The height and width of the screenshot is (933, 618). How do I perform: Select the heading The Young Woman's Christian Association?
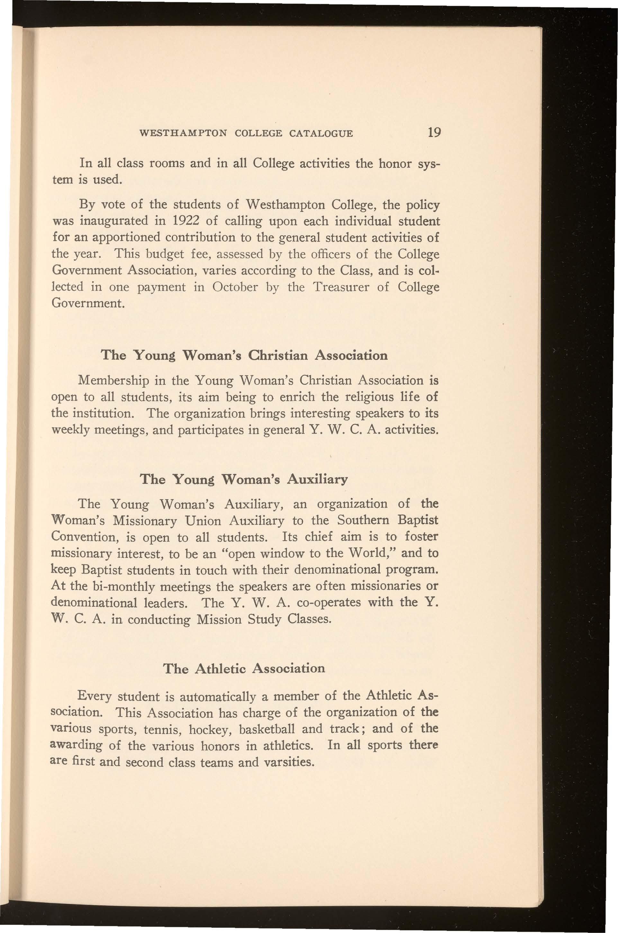[244, 356]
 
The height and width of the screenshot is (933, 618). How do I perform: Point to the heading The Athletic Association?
[244, 668]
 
